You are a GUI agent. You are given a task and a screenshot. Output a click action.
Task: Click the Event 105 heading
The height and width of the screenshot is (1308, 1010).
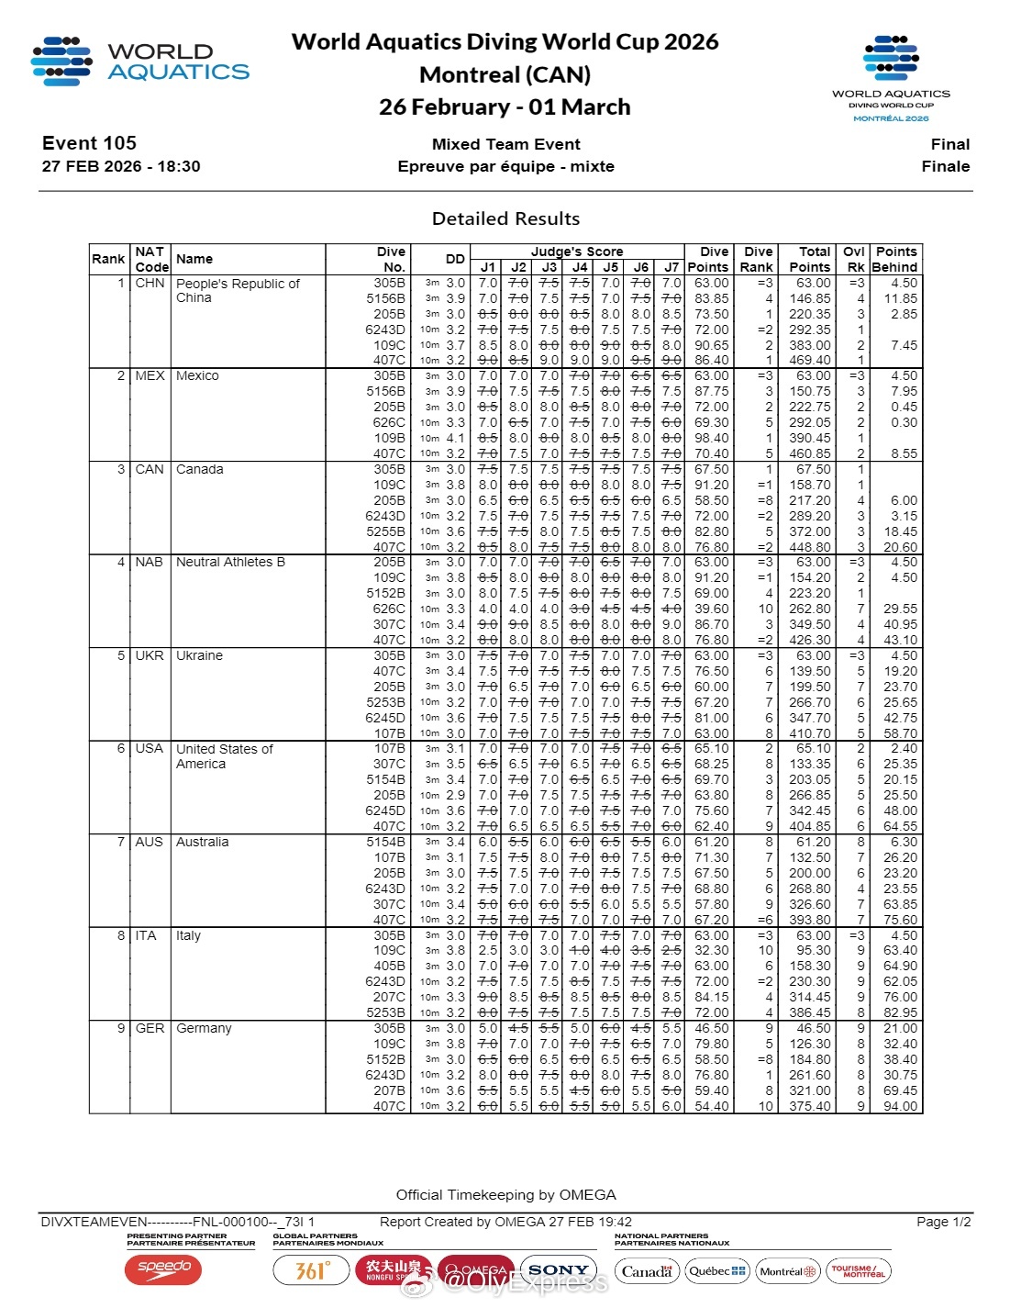click(x=89, y=143)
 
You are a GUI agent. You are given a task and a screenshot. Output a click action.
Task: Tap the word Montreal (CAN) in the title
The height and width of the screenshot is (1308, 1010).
click(x=505, y=74)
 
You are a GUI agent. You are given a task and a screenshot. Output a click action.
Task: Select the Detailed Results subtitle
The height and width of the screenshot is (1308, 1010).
click(x=505, y=218)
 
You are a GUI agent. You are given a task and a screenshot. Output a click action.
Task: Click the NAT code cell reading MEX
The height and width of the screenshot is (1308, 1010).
click(x=150, y=375)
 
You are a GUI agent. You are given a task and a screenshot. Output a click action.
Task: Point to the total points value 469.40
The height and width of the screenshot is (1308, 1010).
click(x=809, y=360)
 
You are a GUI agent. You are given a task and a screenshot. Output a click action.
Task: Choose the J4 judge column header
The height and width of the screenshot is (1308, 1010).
click(x=580, y=267)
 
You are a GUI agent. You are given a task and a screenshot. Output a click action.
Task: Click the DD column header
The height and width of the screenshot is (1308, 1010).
click(x=455, y=259)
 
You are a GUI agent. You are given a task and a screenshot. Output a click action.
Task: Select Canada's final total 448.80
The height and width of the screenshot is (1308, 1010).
click(x=809, y=547)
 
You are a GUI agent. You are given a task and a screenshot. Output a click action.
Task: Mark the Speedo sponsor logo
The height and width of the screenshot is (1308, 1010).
click(x=163, y=1269)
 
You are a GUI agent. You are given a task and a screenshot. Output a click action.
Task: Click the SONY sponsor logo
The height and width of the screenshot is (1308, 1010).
click(x=558, y=1270)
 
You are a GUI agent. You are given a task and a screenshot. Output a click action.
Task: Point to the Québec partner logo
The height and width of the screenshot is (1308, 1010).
click(x=716, y=1271)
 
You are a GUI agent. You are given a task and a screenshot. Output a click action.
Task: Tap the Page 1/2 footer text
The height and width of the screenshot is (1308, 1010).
click(x=943, y=1222)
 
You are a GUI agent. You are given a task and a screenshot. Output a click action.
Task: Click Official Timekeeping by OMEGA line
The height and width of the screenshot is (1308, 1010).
click(x=505, y=1194)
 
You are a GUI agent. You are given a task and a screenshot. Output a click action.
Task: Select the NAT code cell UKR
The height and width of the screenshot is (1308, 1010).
click(x=150, y=655)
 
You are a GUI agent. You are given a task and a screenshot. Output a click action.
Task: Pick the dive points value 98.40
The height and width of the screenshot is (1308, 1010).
click(x=711, y=438)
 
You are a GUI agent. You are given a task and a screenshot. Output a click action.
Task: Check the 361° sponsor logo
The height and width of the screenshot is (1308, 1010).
click(x=311, y=1270)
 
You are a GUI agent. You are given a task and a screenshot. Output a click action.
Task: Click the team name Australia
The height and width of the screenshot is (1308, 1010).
click(x=202, y=842)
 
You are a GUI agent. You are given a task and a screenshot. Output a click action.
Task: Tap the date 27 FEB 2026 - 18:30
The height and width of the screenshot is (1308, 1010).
click(x=121, y=166)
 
